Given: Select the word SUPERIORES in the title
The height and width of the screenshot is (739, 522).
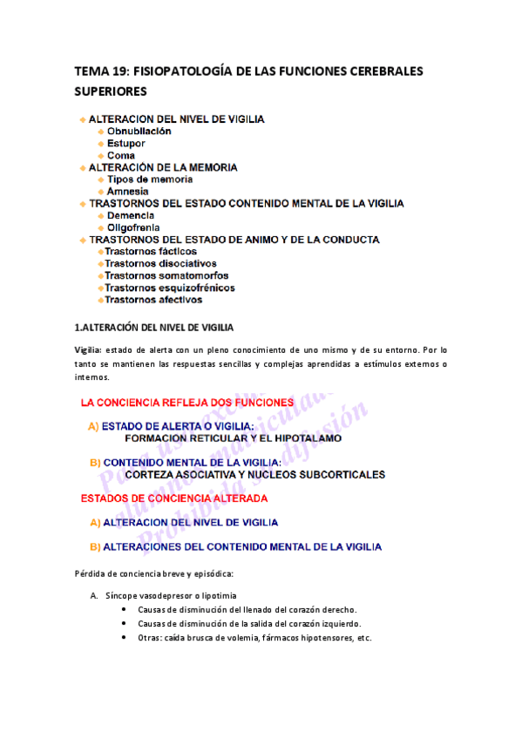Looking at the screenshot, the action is click(111, 91).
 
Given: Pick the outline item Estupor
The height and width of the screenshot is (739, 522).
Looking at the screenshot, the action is click(125, 144).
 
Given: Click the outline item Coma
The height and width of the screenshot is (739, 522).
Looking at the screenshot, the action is click(120, 156).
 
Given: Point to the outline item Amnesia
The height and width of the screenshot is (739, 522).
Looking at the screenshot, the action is click(127, 191).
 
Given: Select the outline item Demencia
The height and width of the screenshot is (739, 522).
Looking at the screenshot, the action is click(131, 214).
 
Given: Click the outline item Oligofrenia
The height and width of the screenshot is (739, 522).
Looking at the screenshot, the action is click(132, 227).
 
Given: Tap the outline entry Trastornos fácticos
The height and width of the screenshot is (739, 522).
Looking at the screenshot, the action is click(150, 251).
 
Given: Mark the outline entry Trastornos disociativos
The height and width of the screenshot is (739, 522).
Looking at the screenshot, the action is click(159, 263).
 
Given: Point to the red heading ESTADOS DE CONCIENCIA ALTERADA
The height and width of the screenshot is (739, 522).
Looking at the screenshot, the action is click(173, 498).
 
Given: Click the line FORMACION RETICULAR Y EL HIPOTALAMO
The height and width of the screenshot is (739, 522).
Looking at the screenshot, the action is click(233, 438).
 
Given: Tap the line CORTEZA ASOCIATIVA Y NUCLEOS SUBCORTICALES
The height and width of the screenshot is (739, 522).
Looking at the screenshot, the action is click(254, 475).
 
